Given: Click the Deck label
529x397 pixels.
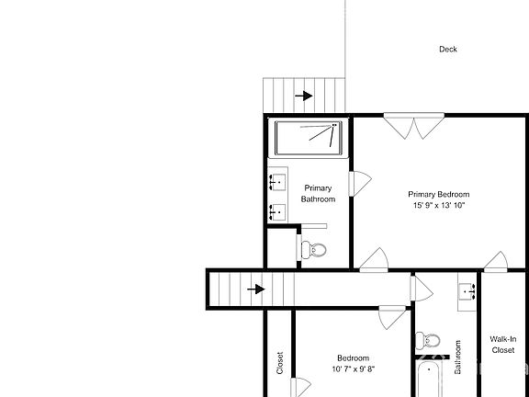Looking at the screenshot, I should point(447,50).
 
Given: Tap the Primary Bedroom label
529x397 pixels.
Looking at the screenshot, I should point(439,194).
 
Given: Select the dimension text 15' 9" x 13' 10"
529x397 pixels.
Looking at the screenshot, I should point(439,206).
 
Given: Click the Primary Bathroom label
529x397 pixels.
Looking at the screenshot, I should point(318,193).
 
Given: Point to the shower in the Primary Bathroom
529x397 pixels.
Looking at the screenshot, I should point(310,137).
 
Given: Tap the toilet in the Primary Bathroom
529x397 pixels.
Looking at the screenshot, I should point(314,249).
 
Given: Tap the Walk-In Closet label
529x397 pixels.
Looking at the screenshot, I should point(502,344).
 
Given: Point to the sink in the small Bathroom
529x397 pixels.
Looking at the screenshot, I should point(467,290).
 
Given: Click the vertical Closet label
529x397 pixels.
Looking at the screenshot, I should point(280,363).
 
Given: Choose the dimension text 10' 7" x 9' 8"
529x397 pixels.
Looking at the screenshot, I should point(353,369).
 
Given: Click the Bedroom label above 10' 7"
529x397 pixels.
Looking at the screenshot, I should point(353,357).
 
